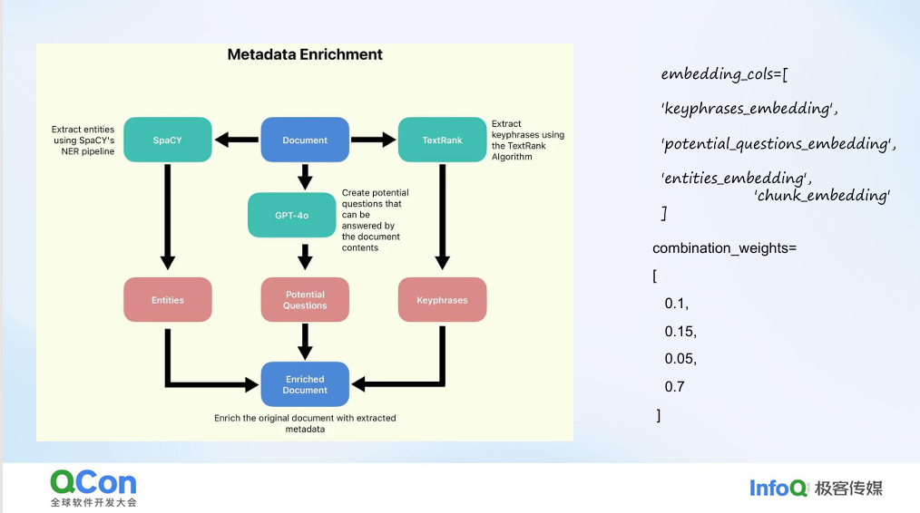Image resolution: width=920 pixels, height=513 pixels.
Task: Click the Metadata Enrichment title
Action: pyautogui.click(x=305, y=54)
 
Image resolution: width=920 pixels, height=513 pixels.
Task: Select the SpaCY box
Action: pyautogui.click(x=168, y=140)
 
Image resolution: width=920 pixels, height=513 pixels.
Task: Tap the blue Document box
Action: pyautogui.click(x=305, y=140)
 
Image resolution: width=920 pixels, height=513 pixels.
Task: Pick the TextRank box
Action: pyautogui.click(x=443, y=140)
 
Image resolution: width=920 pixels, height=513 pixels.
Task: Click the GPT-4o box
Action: pyautogui.click(x=292, y=215)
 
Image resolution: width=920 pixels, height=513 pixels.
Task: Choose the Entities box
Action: pyautogui.click(x=168, y=300)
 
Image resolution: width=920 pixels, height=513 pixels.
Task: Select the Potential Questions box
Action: pyautogui.click(x=305, y=300)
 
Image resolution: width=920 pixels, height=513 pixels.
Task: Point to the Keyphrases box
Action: pyautogui.click(x=443, y=300)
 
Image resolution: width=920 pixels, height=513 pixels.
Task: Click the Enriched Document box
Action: pyautogui.click(x=305, y=384)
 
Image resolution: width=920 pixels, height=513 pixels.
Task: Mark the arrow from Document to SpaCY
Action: pyautogui.click(x=236, y=140)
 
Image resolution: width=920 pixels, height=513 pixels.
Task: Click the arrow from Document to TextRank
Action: pyautogui.click(x=374, y=140)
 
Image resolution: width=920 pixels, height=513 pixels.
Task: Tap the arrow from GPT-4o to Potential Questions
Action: pyautogui.click(x=305, y=256)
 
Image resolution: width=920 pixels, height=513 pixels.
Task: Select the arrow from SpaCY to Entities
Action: pyautogui.click(x=168, y=218)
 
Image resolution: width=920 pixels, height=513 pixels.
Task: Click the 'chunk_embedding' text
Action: pyautogui.click(x=822, y=195)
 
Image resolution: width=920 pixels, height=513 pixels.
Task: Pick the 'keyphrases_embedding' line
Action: pyautogui.click(x=749, y=109)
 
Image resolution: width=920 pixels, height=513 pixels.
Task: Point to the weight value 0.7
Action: pyautogui.click(x=674, y=387)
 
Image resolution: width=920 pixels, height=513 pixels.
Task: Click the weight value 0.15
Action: pyautogui.click(x=680, y=331)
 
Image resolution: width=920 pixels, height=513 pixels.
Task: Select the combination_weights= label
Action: pyautogui.click(x=724, y=248)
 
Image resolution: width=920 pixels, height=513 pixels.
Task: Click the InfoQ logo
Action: pyautogui.click(x=778, y=488)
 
